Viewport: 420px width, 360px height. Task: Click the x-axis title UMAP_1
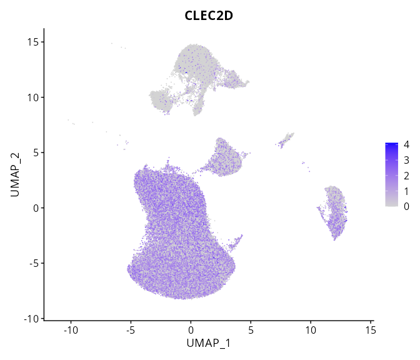[209, 343]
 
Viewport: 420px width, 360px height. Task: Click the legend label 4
[406, 145]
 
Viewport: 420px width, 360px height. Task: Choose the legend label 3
[406, 160]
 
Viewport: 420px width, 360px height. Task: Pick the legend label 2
[406, 176]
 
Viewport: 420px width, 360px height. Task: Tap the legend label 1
[406, 191]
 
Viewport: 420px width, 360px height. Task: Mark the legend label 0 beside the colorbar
[406, 206]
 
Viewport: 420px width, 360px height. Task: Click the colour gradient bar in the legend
[392, 175]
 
